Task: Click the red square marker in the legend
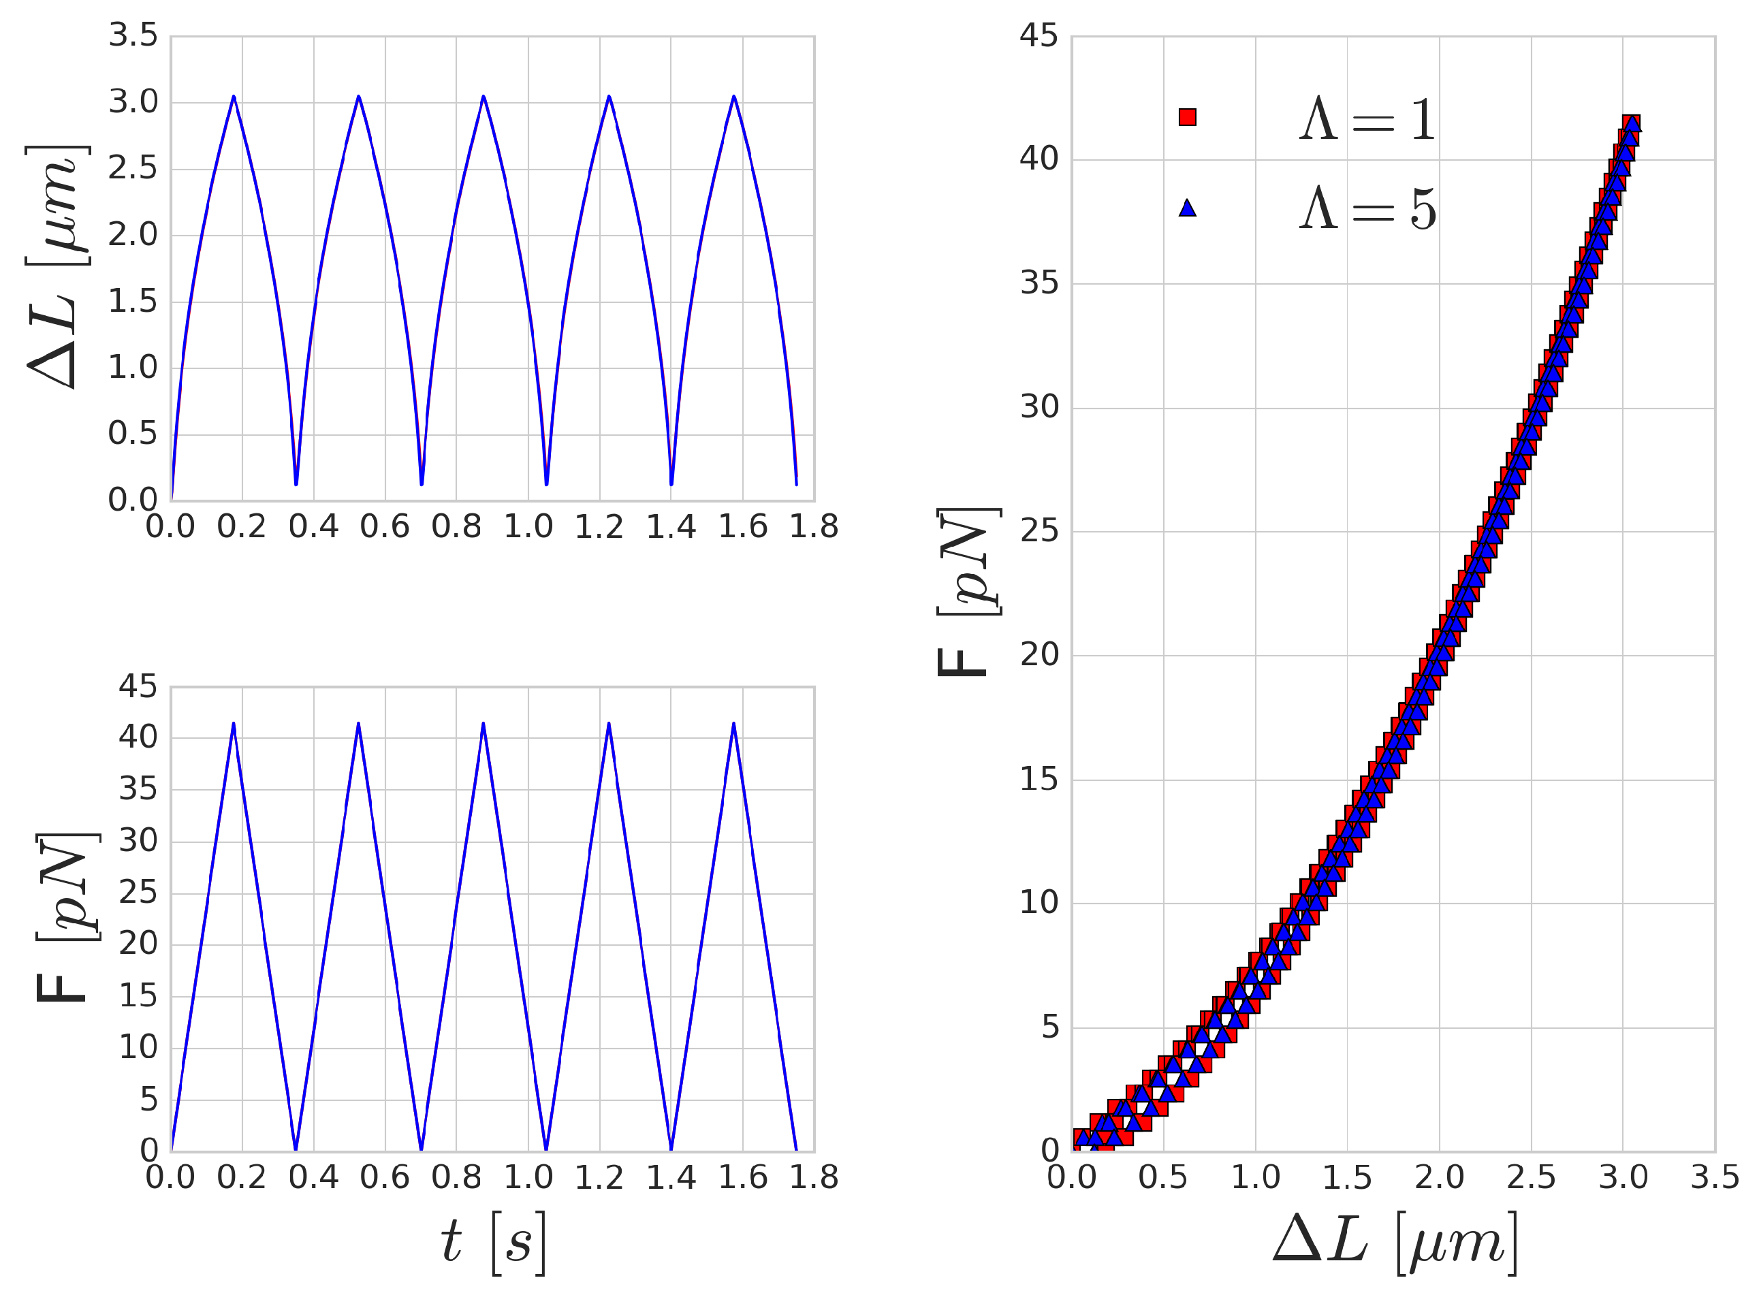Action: point(1188,117)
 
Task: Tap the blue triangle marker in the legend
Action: point(1188,208)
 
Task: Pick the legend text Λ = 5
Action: point(1367,209)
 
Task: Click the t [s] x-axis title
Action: point(492,1242)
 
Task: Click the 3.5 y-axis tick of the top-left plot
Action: point(133,36)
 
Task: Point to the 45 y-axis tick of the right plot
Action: point(1038,36)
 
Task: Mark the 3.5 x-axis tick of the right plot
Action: point(1714,1178)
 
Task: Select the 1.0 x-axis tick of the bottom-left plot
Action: point(528,1178)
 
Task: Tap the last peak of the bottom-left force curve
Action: point(733,723)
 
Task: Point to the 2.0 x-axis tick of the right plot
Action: point(1439,1178)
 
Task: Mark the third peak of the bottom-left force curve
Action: point(484,723)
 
